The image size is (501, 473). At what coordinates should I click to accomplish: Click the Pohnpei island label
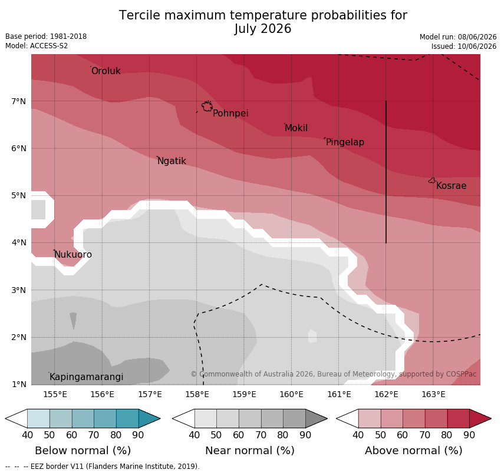coord(230,113)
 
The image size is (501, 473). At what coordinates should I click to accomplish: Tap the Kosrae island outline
coord(431,181)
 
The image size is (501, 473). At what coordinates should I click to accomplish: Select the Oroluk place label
coord(106,71)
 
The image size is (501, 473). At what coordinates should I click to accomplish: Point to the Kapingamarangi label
coord(86,377)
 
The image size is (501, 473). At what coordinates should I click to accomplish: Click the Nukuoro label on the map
coord(73,255)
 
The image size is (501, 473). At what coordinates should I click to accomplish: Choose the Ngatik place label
coord(172,161)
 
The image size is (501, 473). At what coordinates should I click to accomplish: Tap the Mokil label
coord(296,128)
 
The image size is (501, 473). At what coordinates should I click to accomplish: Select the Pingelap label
coord(345,142)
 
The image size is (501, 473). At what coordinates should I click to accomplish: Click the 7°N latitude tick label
coord(18,101)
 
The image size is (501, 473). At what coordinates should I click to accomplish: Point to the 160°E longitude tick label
coord(291,395)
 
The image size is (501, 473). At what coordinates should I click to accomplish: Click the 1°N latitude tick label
coord(18,384)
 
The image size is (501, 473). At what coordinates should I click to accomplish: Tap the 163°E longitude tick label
coord(434,395)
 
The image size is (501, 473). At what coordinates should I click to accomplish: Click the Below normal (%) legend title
coord(83,451)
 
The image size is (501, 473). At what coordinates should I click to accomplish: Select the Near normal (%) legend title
coord(249,451)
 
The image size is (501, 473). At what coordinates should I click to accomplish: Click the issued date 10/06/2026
coord(477,46)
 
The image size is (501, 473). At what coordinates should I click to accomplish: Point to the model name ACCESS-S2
coord(49,46)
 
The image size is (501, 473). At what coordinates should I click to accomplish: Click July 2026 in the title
coord(263,29)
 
